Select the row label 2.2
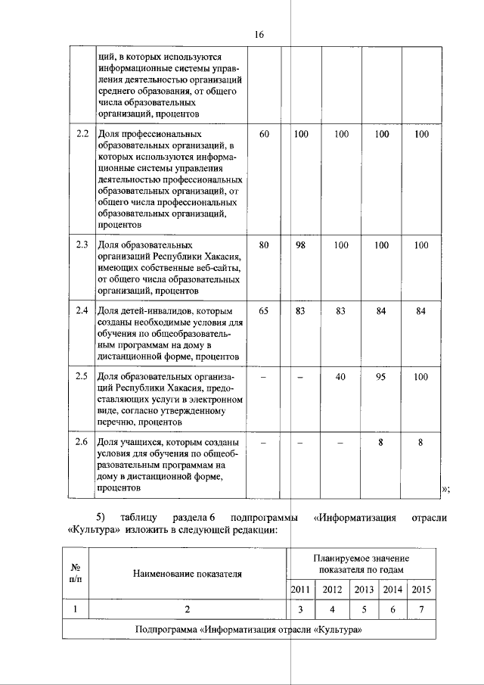(82, 134)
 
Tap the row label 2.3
(82, 245)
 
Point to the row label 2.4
(82, 310)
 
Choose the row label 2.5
(82, 376)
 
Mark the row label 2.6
(82, 442)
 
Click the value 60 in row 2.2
(264, 134)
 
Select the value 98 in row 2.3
(300, 245)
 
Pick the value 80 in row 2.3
(264, 245)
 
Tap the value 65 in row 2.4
(264, 310)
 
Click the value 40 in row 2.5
(341, 376)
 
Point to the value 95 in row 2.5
(382, 376)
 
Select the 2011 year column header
(300, 590)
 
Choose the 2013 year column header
(364, 590)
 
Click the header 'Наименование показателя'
(188, 574)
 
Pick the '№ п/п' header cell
(76, 572)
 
